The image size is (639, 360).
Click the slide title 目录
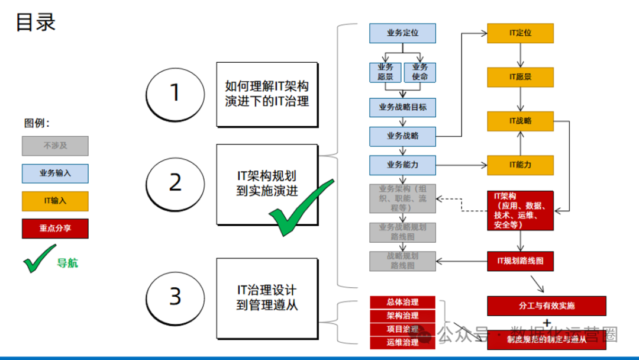pyautogui.click(x=35, y=22)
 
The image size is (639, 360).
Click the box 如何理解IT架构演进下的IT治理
pyautogui.click(x=267, y=94)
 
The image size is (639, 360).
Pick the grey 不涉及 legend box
pyautogui.click(x=55, y=146)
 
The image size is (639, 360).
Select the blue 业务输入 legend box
pyautogui.click(x=55, y=173)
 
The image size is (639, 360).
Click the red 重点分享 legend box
pyautogui.click(x=55, y=229)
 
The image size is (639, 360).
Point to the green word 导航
pyautogui.click(x=67, y=263)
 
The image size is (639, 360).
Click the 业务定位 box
pyautogui.click(x=402, y=33)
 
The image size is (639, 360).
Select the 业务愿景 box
pyautogui.click(x=385, y=72)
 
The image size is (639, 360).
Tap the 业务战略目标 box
pyautogui.click(x=402, y=108)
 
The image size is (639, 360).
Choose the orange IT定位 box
pyautogui.click(x=520, y=33)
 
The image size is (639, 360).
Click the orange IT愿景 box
pyautogui.click(x=520, y=77)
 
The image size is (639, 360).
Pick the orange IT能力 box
pyautogui.click(x=520, y=165)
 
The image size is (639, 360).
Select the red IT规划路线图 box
pyautogui.click(x=520, y=261)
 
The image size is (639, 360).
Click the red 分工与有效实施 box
pyautogui.click(x=547, y=306)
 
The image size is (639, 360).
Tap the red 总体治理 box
pyautogui.click(x=402, y=303)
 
